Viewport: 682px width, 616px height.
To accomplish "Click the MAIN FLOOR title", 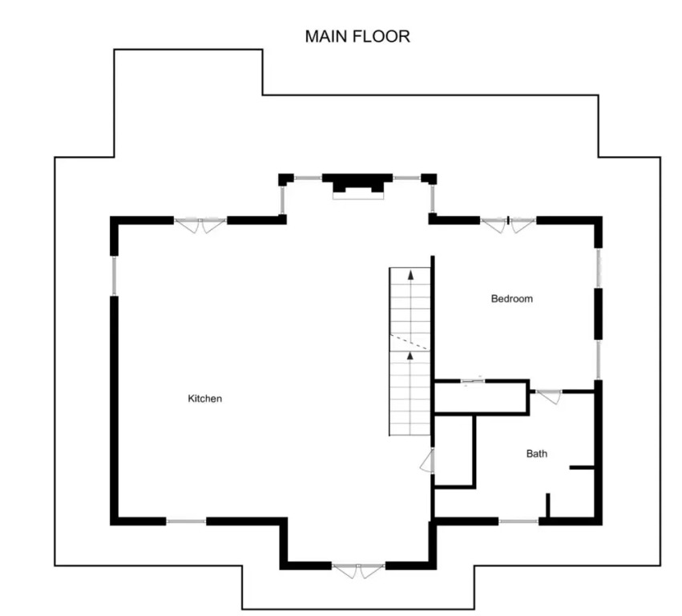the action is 357,36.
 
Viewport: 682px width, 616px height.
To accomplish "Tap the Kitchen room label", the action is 205,399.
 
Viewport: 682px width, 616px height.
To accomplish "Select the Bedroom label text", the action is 511,298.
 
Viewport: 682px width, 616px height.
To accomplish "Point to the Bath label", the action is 537,454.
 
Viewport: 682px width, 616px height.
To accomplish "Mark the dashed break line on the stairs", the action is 410,342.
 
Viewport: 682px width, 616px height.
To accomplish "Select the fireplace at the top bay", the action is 358,186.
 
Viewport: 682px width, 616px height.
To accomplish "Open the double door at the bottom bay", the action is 358,569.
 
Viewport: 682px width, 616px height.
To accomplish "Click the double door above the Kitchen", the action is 200,225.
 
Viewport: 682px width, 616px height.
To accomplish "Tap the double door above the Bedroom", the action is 508,224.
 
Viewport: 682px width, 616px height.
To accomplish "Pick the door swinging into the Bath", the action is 549,395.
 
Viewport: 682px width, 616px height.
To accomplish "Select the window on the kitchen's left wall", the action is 114,276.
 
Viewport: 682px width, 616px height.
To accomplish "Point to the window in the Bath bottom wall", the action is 519,521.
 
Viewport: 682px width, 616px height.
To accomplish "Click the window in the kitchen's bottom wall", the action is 186,521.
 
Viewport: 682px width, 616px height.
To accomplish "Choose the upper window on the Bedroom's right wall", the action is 599,268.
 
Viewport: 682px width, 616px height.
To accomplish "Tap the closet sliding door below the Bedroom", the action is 472,381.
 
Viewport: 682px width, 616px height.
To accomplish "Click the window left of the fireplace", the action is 308,177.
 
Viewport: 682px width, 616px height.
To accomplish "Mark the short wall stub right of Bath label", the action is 582,468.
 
